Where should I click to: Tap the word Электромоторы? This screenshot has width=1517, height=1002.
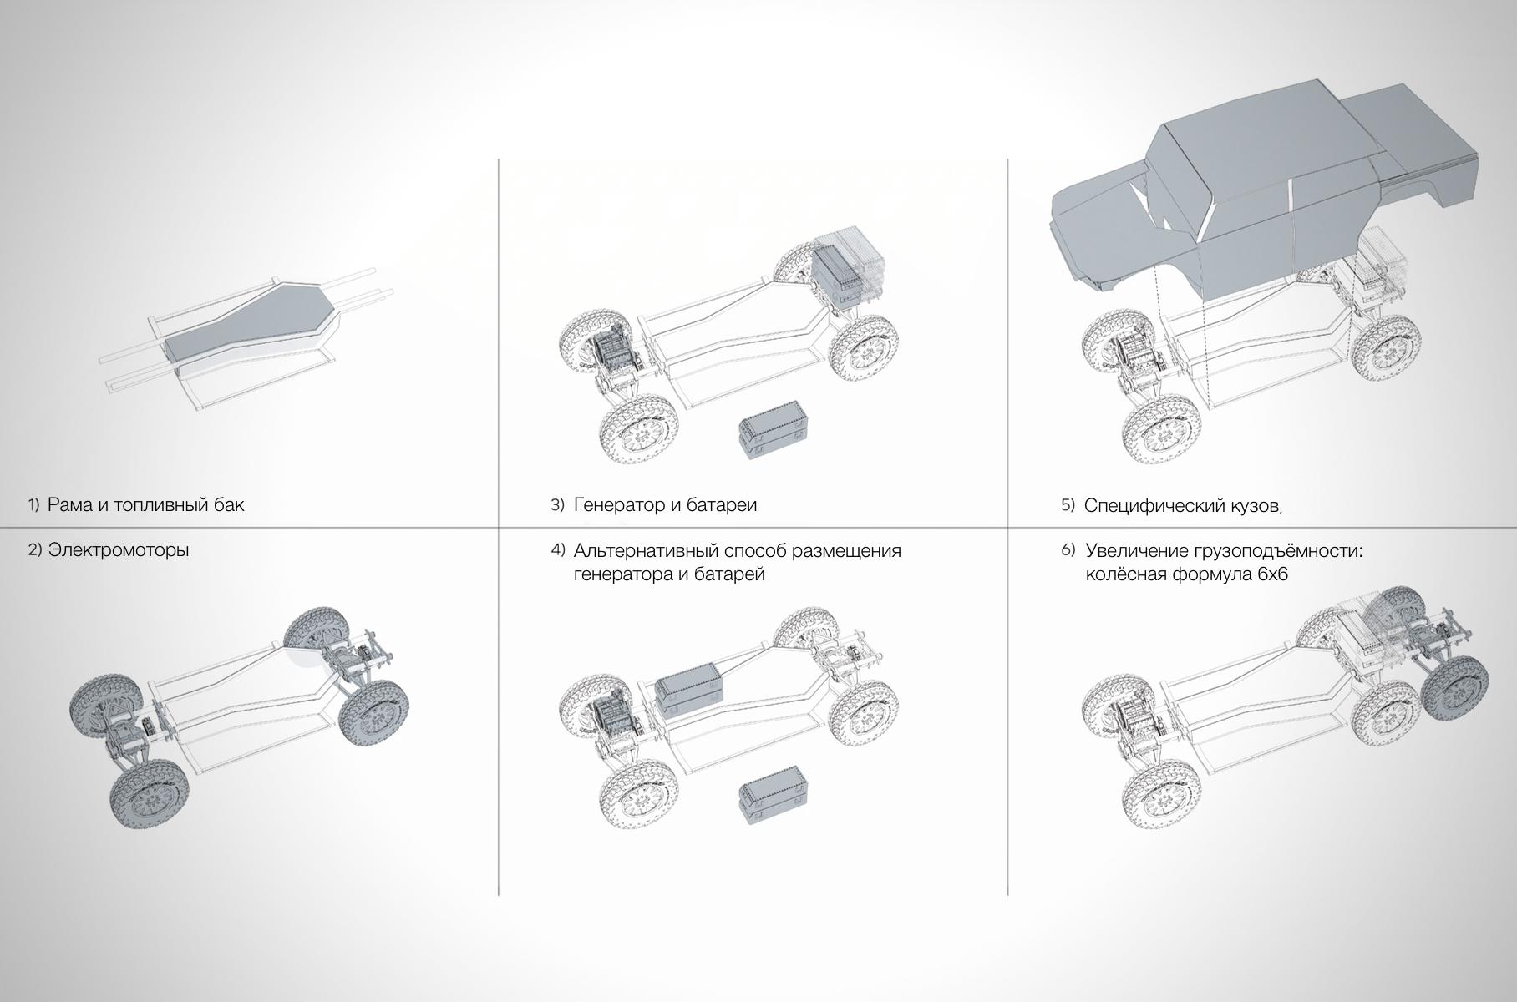pyautogui.click(x=119, y=550)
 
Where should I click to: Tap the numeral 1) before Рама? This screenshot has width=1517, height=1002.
pyautogui.click(x=33, y=504)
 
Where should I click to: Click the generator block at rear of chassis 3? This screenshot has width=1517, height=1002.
pyautogui.click(x=847, y=271)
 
